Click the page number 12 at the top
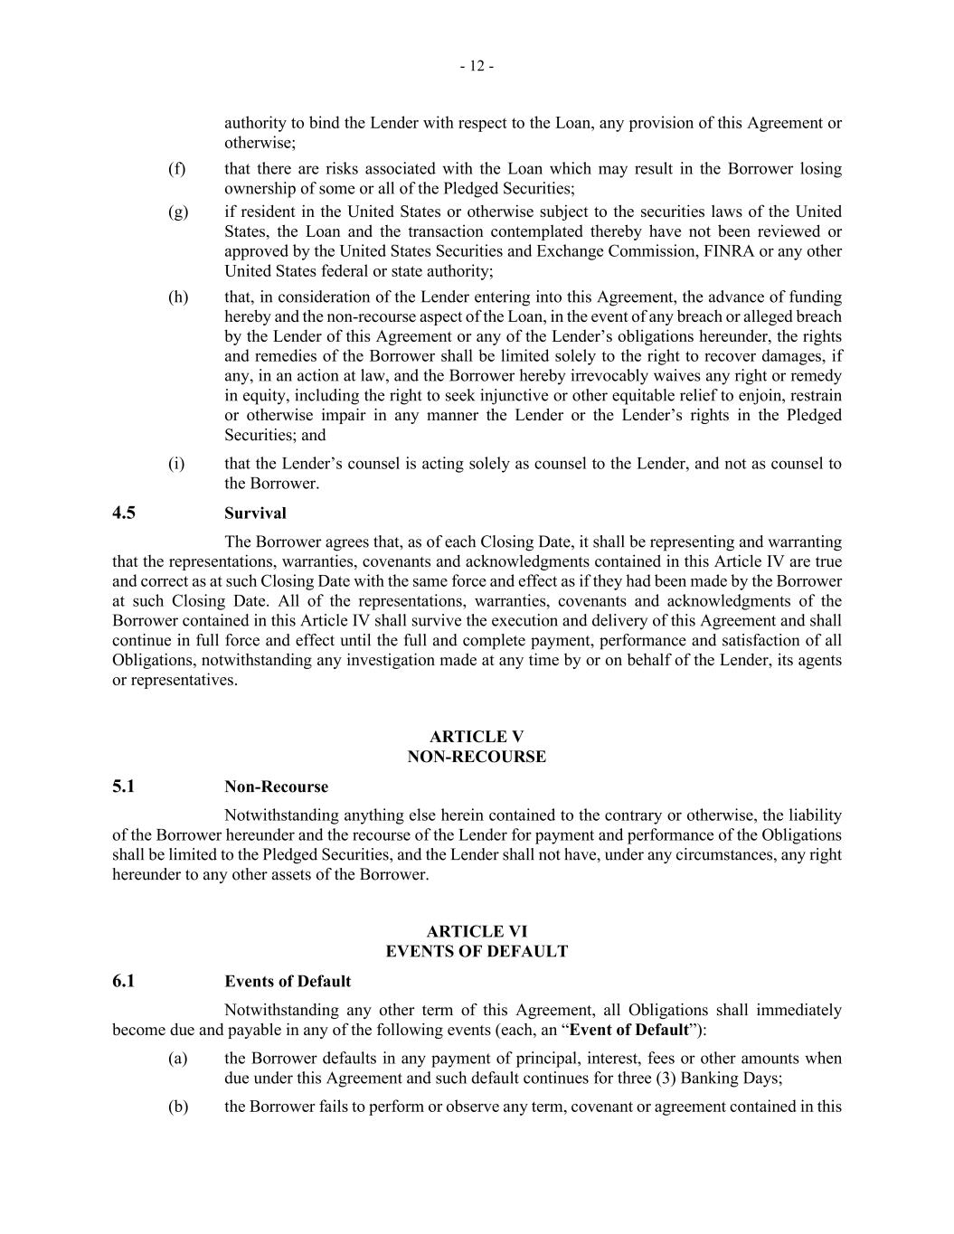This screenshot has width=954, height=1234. [x=477, y=66]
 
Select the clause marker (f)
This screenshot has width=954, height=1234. [x=177, y=169]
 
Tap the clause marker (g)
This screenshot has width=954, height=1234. [x=178, y=212]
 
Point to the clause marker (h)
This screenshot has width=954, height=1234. [x=178, y=297]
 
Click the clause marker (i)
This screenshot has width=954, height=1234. [x=176, y=464]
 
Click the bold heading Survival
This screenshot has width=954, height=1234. [x=255, y=513]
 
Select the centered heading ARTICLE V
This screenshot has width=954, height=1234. [x=477, y=738]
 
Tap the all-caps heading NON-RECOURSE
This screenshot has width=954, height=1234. [x=477, y=758]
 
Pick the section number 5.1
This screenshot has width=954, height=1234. [x=124, y=787]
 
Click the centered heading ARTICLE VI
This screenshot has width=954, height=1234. [x=477, y=932]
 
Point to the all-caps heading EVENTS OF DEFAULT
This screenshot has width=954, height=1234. [x=477, y=952]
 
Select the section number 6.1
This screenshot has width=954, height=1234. [x=124, y=982]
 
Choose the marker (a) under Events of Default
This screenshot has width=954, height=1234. [x=177, y=1059]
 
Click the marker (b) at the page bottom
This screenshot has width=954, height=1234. [x=178, y=1107]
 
